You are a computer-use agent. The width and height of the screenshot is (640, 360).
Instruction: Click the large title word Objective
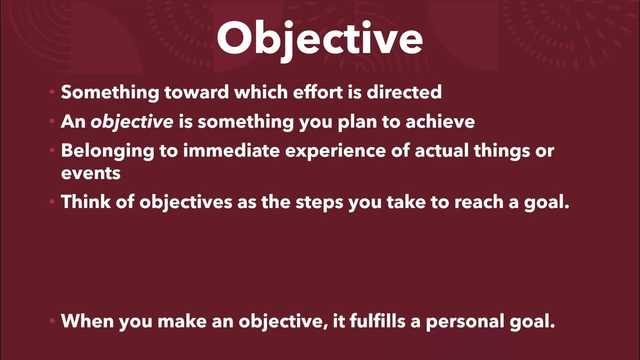(320, 39)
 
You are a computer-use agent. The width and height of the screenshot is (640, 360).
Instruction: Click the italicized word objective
(132, 122)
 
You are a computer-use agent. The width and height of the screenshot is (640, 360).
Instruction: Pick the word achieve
(440, 122)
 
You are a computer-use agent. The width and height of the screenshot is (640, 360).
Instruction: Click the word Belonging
(107, 151)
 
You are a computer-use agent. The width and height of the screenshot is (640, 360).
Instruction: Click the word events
(90, 173)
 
